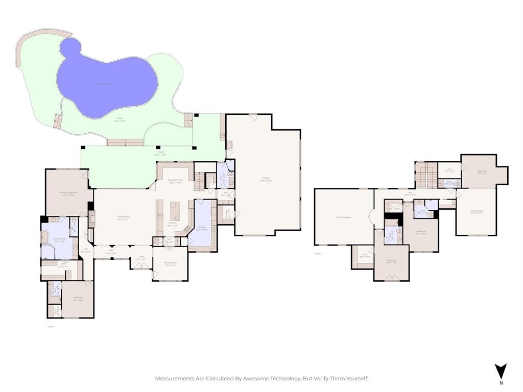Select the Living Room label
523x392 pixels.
(x=123, y=217)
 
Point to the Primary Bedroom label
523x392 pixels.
(x=67, y=194)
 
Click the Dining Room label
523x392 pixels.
(x=170, y=264)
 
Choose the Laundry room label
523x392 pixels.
(x=201, y=228)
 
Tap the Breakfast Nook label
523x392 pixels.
(x=176, y=181)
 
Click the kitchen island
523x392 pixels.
(x=175, y=210)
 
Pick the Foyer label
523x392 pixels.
(x=141, y=258)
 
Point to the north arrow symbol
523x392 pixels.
(x=501, y=371)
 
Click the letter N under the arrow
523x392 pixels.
(x=501, y=382)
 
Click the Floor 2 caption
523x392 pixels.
(x=318, y=253)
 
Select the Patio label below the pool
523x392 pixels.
(x=120, y=120)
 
